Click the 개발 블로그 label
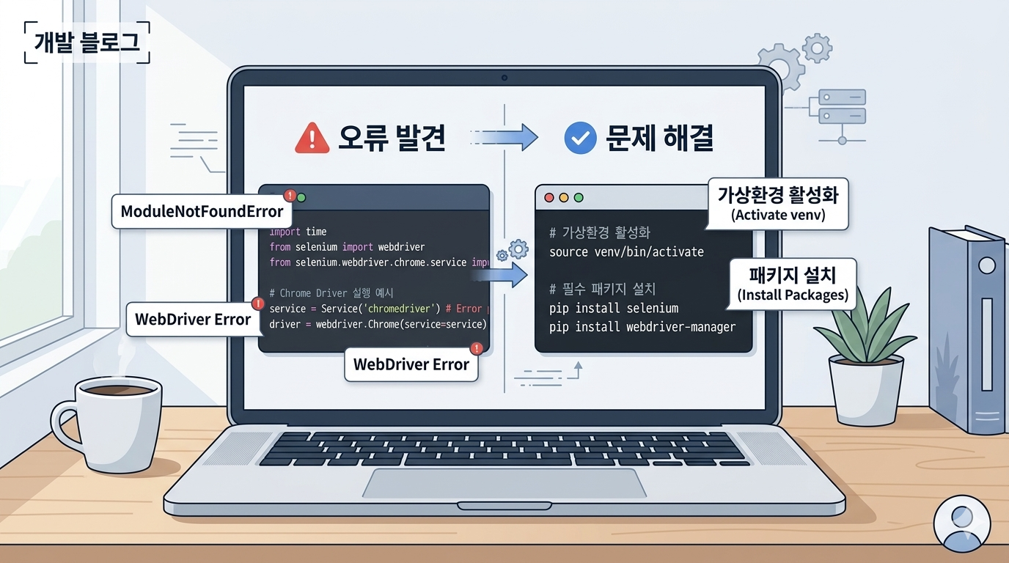pos(87,42)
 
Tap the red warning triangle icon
pos(312,137)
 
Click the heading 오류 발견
pos(392,137)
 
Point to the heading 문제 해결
pos(660,137)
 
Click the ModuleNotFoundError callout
pos(202,212)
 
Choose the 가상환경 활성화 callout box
pos(778,203)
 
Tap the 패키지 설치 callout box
pos(792,283)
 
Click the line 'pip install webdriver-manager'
pos(642,327)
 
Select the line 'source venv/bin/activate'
pos(626,252)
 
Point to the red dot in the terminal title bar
pos(548,198)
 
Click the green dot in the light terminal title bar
pos(579,198)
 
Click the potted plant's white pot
pos(865,389)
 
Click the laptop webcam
pos(504,77)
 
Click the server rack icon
pos(842,107)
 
